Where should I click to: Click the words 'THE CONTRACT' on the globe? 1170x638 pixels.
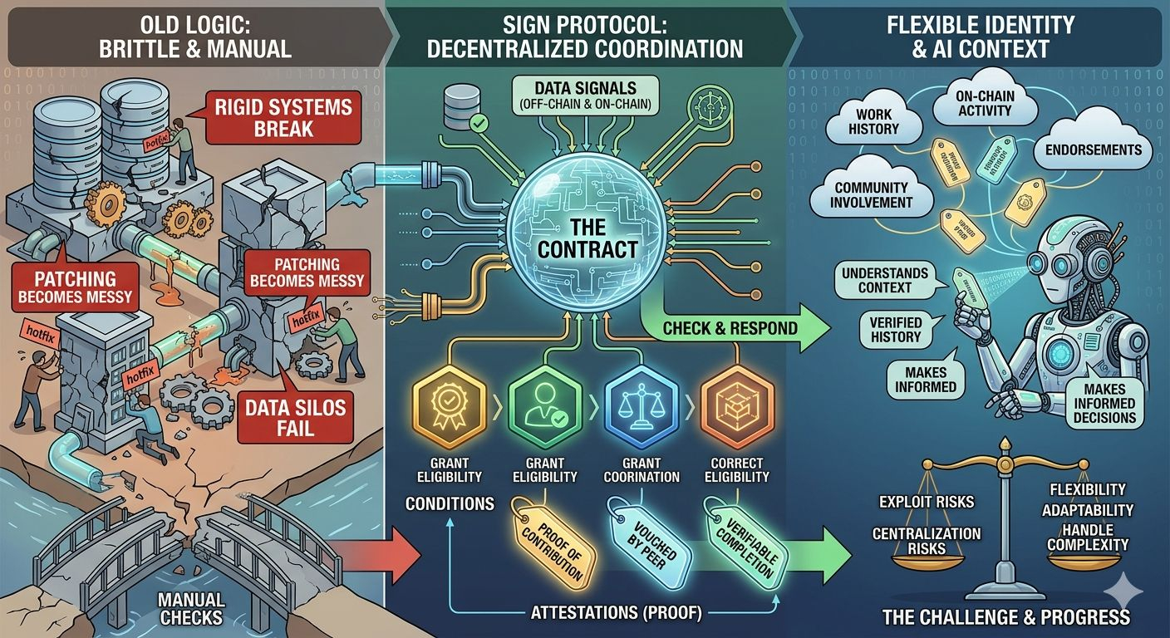(x=587, y=237)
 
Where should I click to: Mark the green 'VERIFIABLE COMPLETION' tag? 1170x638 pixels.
(x=748, y=540)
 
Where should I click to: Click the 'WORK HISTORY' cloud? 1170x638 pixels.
(x=873, y=122)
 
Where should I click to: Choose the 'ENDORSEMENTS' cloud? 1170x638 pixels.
(x=1093, y=150)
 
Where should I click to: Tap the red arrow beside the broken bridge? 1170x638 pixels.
(x=384, y=554)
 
